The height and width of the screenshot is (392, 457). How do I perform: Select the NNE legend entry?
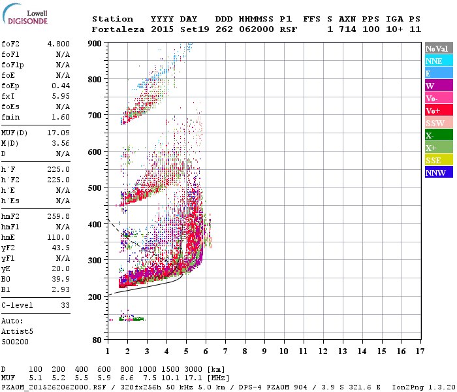pyautogui.click(x=434, y=61)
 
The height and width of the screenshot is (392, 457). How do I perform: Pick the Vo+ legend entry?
pyautogui.click(x=434, y=110)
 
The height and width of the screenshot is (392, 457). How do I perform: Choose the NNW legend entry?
pyautogui.click(x=435, y=172)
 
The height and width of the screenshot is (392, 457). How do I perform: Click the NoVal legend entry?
pyautogui.click(x=437, y=48)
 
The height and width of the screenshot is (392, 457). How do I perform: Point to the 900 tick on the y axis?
pyautogui.click(x=95, y=43)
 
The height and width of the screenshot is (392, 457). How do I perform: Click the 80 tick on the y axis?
pyautogui.click(x=97, y=340)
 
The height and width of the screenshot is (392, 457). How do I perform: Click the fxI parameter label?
pyautogui.click(x=8, y=96)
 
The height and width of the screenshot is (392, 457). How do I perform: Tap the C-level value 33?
pyautogui.click(x=65, y=305)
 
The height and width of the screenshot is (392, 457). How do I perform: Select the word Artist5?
pyautogui.click(x=18, y=331)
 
